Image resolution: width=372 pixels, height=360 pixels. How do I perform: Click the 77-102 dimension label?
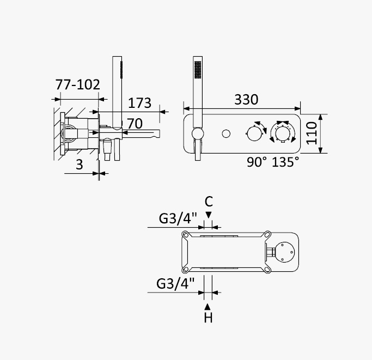77,84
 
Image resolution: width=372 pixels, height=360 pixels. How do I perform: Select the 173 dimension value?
139,103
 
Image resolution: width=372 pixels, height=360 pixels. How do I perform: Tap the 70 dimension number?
135,124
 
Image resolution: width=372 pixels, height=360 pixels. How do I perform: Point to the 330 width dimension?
246,100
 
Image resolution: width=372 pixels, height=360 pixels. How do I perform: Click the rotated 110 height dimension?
311,133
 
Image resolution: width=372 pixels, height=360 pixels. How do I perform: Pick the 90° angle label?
257,162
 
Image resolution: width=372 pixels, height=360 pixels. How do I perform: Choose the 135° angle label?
285,162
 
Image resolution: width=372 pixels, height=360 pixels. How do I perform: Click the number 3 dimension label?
80,164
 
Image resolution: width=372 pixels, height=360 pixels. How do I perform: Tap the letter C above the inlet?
209,202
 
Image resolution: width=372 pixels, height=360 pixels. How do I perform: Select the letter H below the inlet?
208,318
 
